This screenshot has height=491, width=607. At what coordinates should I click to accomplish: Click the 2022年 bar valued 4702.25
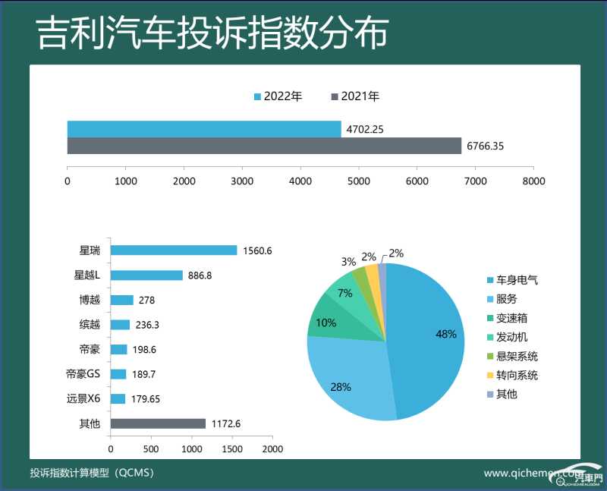tap(204, 129)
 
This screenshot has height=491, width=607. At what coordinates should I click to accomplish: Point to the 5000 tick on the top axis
tap(359, 181)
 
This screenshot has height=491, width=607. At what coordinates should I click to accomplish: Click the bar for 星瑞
tap(174, 250)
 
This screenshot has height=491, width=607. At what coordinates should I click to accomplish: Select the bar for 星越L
tap(146, 275)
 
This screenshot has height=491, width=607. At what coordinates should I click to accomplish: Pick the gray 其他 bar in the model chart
tap(158, 423)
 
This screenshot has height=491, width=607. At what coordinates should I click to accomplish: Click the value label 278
tap(146, 300)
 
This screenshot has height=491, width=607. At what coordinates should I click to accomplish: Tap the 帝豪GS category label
tap(83, 374)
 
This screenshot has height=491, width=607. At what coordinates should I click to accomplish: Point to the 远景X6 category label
tap(83, 398)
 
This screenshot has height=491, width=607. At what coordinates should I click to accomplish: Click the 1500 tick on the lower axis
tap(232, 449)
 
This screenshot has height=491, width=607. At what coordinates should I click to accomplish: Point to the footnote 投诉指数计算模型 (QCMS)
tap(92, 473)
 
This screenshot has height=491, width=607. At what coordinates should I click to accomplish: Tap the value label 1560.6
tap(257, 250)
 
